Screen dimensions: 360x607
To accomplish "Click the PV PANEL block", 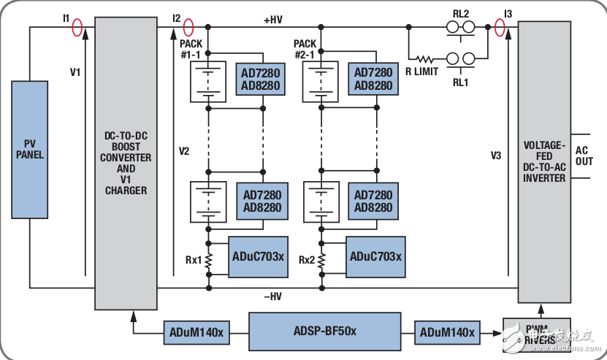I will point(30,149).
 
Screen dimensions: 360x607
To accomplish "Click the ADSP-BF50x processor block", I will point(324,331).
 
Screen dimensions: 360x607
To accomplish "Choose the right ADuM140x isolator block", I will point(447,333).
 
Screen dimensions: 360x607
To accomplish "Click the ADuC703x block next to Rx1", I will point(259,256).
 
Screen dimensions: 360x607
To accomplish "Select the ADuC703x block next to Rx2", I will point(375,256).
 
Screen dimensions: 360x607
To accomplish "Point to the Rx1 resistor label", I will point(193,259).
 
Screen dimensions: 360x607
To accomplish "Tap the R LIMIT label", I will point(422,72).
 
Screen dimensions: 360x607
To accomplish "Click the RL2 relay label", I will point(462,13).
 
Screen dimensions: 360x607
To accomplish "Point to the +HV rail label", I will point(272,20).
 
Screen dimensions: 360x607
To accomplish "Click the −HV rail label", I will point(272,296).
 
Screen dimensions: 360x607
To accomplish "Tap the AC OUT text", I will point(584,155).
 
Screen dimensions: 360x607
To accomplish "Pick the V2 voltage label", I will point(184,151).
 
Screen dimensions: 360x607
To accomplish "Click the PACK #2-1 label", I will point(305,49).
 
